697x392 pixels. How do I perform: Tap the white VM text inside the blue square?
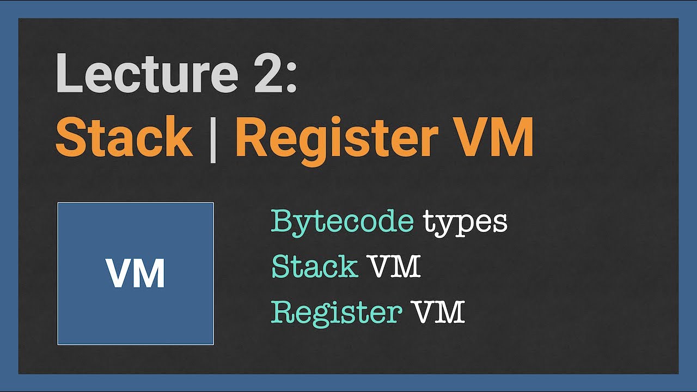click(136, 273)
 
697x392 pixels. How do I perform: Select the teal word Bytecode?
click(342, 222)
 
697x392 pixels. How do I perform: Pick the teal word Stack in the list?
click(314, 267)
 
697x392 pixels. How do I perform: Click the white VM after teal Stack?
click(394, 267)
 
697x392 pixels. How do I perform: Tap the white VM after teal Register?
click(438, 312)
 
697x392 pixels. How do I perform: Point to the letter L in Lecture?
click(68, 73)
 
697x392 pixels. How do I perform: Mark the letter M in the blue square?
click(150, 273)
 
